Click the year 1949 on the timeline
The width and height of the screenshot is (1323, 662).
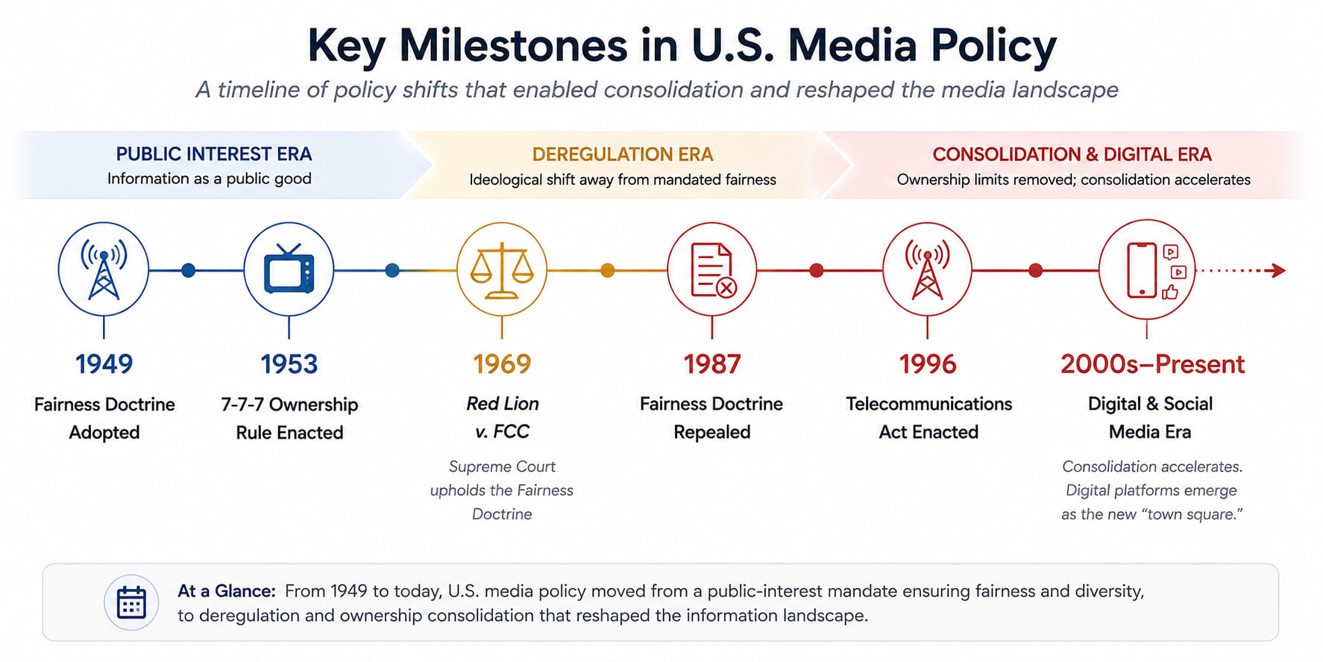(104, 364)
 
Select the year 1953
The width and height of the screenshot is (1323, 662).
(289, 364)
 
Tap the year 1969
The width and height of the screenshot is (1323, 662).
(502, 364)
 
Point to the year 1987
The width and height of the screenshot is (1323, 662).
(712, 364)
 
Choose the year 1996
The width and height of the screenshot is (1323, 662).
(928, 364)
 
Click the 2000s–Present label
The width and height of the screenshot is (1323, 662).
(1152, 364)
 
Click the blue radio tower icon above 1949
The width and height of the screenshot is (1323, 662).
(104, 269)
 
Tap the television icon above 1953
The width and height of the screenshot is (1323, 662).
(289, 268)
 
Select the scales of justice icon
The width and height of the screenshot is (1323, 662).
(502, 270)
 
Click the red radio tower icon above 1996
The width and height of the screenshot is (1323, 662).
(927, 269)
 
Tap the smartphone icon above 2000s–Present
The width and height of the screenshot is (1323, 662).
(1142, 270)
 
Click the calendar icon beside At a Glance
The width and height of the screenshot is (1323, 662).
(131, 602)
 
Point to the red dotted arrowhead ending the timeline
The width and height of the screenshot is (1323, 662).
(1279, 270)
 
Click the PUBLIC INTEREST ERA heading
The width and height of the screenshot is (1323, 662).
(214, 154)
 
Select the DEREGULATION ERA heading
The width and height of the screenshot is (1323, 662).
(623, 154)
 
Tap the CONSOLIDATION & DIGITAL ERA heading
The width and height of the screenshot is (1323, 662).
(1072, 154)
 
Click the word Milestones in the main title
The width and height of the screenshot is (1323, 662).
(513, 46)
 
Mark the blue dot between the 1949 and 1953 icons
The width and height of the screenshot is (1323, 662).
(189, 270)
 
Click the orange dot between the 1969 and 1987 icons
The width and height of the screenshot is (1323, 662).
(608, 270)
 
